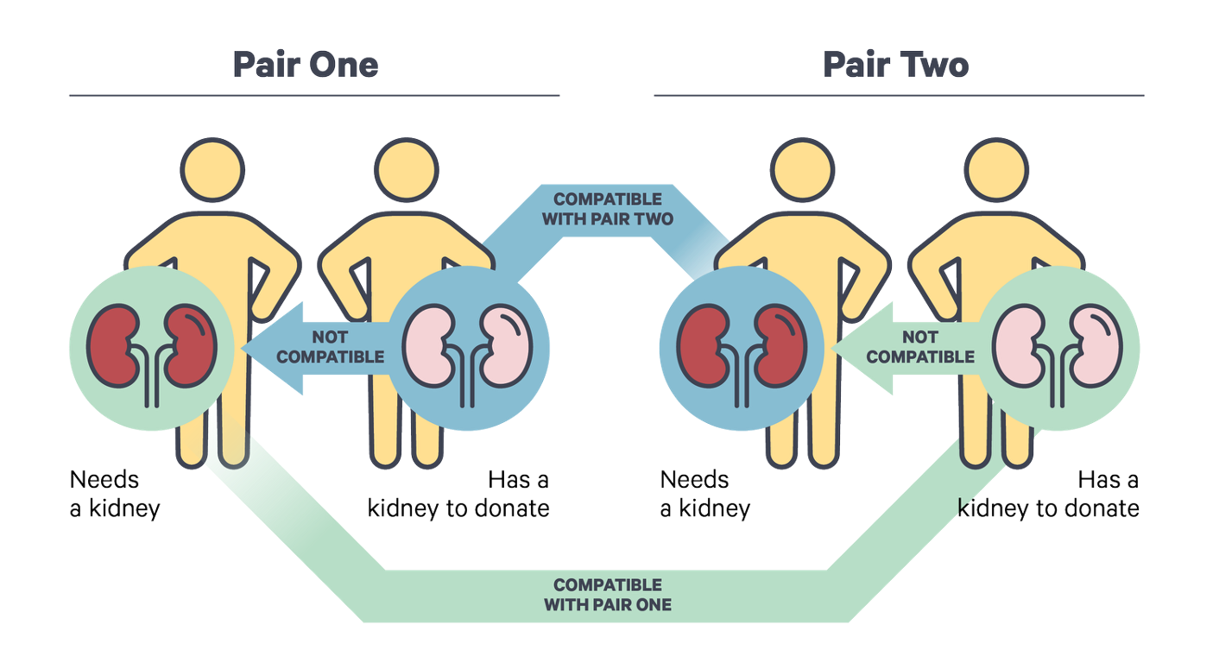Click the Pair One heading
pos(306,65)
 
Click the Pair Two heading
pos(896,65)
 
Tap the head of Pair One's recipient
pos(212,168)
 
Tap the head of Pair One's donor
pos(407,168)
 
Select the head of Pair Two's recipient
pos(803,168)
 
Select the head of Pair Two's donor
pos(997,168)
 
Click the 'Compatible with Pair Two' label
pos(607,210)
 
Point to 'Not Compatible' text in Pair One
pos(331,346)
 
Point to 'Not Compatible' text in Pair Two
pos(920,346)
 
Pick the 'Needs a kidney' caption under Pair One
pos(115,494)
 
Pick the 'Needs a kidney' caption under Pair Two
pos(704,494)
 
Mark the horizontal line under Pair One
pos(314,96)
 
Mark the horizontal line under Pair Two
pos(900,96)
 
